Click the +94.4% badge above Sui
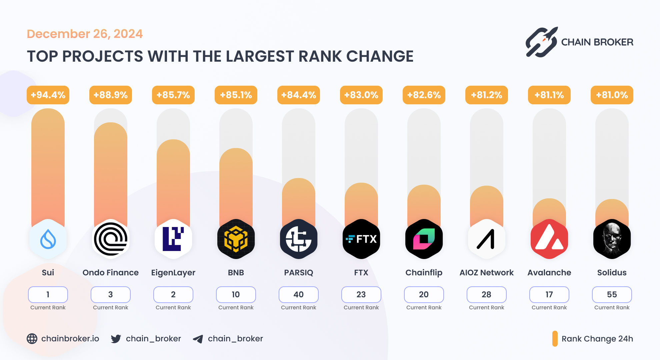tap(48, 95)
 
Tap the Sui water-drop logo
tap(48, 239)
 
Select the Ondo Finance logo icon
tap(111, 239)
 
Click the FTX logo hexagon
tap(361, 239)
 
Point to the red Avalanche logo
tap(549, 239)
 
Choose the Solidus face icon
tap(612, 239)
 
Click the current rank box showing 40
tap(299, 295)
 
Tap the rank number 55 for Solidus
tap(612, 295)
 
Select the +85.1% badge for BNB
tap(236, 95)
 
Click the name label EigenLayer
tap(173, 273)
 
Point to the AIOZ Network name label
tap(487, 273)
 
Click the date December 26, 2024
tap(85, 34)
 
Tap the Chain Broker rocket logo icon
tap(542, 42)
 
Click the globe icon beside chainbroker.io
tap(32, 339)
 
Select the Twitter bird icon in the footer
tap(116, 339)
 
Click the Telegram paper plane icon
tap(198, 339)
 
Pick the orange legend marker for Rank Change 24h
tap(555, 339)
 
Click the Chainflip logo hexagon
tap(424, 239)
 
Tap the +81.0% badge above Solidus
tap(612, 95)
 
